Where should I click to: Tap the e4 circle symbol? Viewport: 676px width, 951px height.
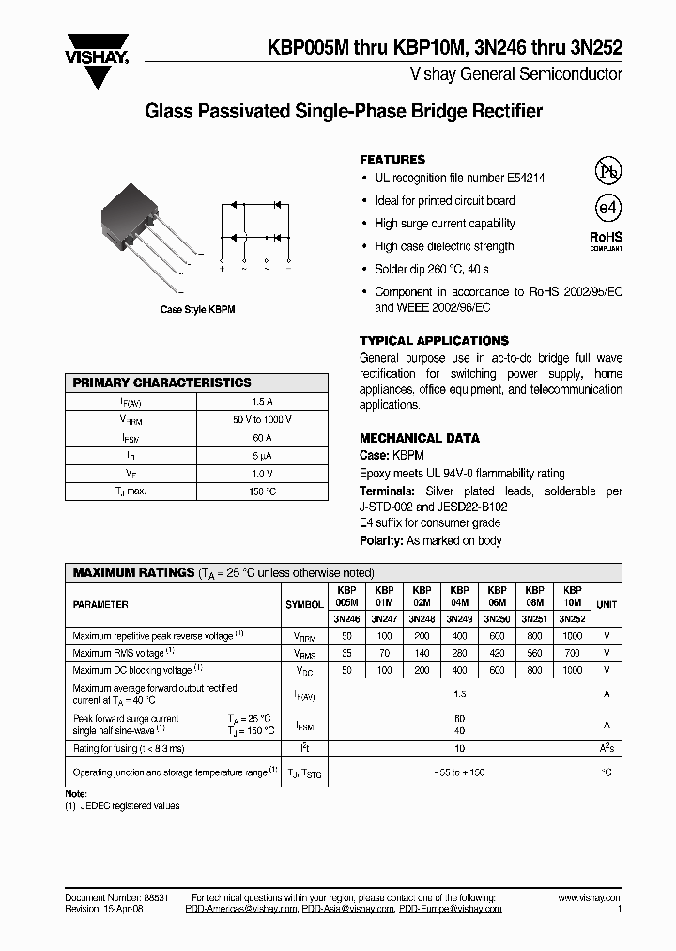tap(608, 209)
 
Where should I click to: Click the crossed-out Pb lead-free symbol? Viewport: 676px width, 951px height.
tap(608, 171)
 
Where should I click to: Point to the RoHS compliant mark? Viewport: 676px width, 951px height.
tap(606, 241)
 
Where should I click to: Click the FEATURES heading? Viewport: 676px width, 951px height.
tap(392, 160)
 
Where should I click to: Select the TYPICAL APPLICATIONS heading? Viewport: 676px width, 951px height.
tap(434, 341)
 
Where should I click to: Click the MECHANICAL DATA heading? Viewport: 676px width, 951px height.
tap(420, 438)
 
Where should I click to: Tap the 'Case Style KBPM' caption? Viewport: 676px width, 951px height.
tap(196, 309)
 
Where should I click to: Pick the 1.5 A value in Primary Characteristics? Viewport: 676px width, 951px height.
tap(262, 401)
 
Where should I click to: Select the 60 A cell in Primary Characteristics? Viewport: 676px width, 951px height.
tap(262, 437)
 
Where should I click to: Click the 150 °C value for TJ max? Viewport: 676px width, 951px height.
tap(262, 491)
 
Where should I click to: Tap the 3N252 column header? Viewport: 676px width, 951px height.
tap(572, 619)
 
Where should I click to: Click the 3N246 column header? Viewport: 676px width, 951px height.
tap(346, 619)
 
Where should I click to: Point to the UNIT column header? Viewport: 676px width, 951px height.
tap(607, 604)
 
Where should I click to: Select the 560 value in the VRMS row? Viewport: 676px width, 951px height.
tap(534, 653)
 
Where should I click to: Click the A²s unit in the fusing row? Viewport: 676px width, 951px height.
tap(607, 748)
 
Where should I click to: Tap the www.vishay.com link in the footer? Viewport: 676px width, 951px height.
tap(590, 898)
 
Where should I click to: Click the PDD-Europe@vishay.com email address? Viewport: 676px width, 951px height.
tap(451, 910)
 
